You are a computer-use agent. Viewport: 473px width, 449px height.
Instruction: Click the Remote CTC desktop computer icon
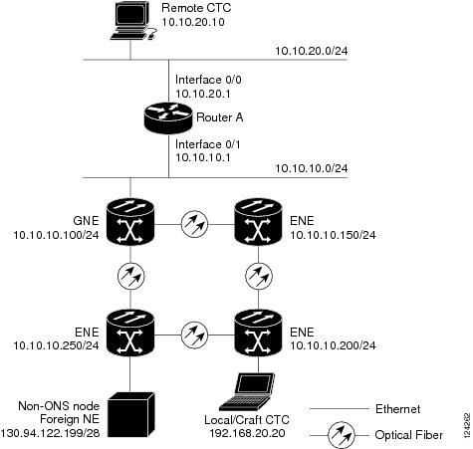[132, 21]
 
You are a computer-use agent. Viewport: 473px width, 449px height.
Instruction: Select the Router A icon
[168, 117]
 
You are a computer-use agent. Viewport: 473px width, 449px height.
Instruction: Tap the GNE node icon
[130, 221]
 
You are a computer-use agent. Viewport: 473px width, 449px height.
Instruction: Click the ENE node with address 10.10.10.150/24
[258, 221]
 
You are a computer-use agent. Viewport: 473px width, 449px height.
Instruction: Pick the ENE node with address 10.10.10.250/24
[130, 333]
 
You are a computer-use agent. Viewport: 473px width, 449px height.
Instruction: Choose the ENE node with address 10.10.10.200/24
[258, 333]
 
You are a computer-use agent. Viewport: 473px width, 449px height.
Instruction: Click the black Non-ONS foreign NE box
[131, 414]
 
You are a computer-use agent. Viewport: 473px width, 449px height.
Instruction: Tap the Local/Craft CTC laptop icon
[248, 392]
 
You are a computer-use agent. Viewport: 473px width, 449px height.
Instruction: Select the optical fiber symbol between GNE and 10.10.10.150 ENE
[194, 224]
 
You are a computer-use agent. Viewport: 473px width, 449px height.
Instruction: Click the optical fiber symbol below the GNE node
[131, 276]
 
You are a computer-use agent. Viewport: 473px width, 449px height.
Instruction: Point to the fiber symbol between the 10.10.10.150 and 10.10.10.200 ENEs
[259, 276]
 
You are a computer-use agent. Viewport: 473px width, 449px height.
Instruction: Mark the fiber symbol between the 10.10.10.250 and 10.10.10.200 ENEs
[194, 335]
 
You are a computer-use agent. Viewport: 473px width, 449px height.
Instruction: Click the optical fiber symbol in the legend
[342, 435]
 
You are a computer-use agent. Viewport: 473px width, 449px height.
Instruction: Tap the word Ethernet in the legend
[397, 409]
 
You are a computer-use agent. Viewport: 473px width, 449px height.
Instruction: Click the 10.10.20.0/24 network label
[312, 51]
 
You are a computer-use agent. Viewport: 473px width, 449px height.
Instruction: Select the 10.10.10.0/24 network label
[312, 168]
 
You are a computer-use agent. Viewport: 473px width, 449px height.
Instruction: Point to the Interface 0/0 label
[208, 80]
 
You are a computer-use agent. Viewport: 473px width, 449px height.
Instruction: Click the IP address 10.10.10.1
[203, 157]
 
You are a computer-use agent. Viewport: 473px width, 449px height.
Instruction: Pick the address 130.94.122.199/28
[50, 433]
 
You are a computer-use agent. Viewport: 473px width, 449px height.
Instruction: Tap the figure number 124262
[467, 426]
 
